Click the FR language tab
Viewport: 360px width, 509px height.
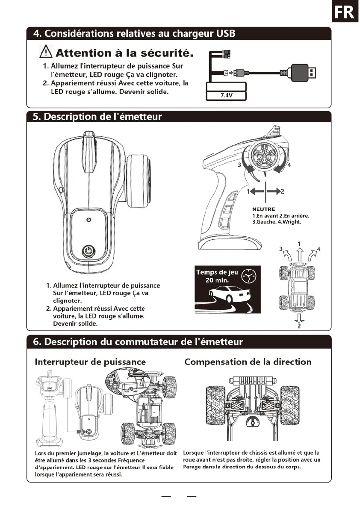(345, 13)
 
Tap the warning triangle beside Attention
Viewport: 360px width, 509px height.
(45, 53)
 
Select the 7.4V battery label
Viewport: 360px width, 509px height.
(226, 95)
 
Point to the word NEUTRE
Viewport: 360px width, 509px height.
(264, 209)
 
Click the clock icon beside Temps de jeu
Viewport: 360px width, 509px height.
(248, 277)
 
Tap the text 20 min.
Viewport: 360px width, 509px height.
(217, 281)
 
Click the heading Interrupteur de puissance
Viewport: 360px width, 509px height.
(90, 362)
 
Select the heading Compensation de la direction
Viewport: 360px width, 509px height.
(248, 362)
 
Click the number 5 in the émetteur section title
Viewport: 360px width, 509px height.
(36, 116)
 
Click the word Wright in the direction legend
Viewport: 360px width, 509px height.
(291, 222)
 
